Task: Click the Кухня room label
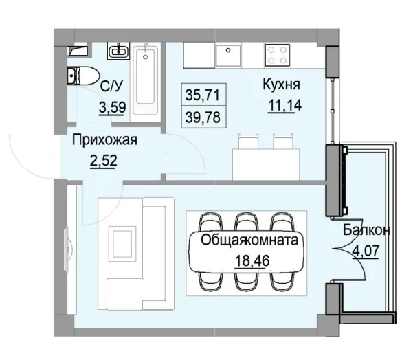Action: tap(280, 85)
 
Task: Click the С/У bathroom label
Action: tap(111, 87)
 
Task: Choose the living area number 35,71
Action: tap(199, 91)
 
